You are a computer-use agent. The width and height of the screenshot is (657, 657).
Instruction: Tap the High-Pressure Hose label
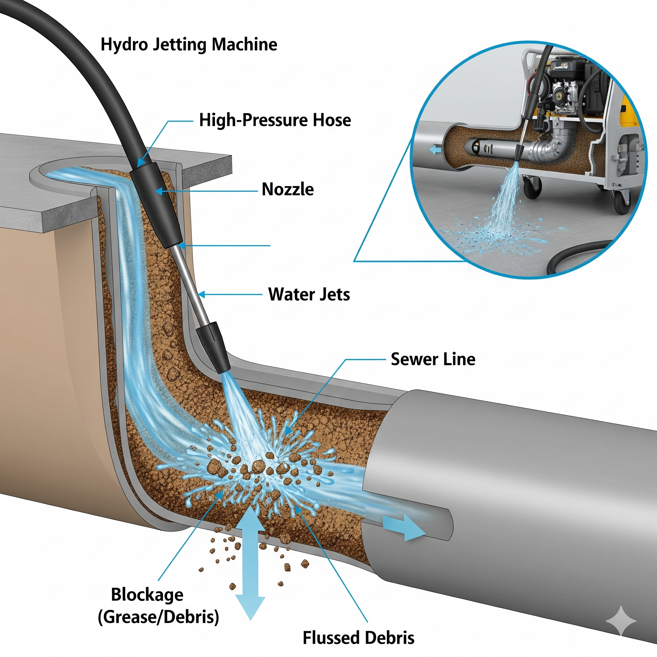(x=275, y=120)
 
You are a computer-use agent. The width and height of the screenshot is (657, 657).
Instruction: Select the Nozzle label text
(x=288, y=189)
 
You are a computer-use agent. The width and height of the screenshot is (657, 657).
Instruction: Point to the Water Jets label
(x=309, y=294)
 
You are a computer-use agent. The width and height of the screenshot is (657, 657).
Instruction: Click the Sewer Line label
(x=433, y=359)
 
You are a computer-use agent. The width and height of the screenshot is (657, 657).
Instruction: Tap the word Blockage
(x=147, y=594)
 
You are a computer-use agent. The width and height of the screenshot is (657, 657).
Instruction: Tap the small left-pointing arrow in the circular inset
(x=435, y=149)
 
